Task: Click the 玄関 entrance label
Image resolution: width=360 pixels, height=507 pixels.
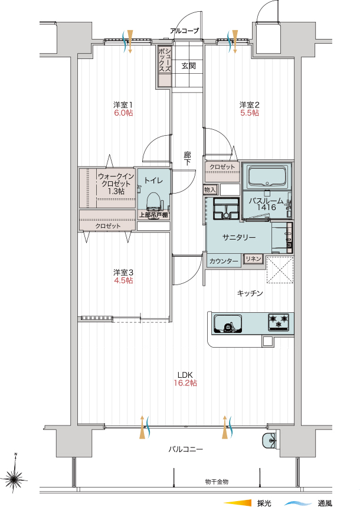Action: (x=188, y=66)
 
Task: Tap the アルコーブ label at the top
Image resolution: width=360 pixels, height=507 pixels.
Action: (x=185, y=31)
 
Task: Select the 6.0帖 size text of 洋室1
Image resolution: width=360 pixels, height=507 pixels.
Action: (x=123, y=113)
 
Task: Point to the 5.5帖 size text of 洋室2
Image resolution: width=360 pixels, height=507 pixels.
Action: (x=250, y=113)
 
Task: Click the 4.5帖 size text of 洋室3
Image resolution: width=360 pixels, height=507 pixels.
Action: (x=123, y=280)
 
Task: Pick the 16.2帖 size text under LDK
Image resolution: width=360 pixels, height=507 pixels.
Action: (x=185, y=383)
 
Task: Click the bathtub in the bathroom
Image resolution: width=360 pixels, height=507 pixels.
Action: (x=267, y=176)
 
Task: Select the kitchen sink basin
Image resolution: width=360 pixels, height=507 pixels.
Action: (x=228, y=324)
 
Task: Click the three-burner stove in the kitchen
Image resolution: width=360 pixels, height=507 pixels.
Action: (x=279, y=322)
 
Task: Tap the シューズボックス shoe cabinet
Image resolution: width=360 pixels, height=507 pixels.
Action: (x=164, y=66)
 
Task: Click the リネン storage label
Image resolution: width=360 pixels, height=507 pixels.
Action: (x=253, y=259)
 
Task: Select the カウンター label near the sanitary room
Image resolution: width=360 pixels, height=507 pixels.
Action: (x=224, y=261)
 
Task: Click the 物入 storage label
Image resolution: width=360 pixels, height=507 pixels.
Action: (x=210, y=189)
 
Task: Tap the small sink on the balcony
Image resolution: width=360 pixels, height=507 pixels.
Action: (x=269, y=440)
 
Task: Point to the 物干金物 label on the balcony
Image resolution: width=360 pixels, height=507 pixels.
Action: (x=217, y=482)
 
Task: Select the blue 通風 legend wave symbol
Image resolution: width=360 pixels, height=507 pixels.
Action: (x=297, y=503)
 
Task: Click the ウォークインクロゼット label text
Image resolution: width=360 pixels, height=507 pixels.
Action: (x=116, y=184)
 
